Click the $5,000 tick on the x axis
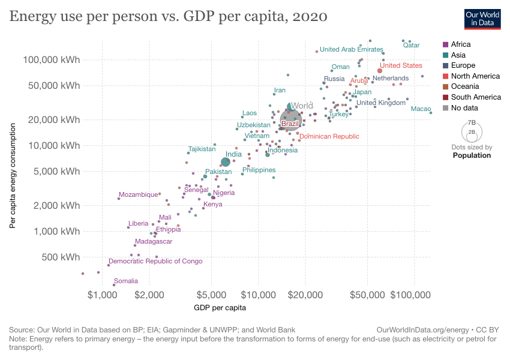[x=210, y=296]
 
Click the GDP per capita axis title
[x=220, y=308]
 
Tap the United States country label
[x=401, y=65]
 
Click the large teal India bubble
[x=226, y=161]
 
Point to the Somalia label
[x=126, y=281]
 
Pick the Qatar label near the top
[x=411, y=45]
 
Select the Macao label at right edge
[x=421, y=109]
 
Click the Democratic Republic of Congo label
[x=155, y=261]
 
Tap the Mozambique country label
[x=138, y=194]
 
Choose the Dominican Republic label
[x=329, y=137]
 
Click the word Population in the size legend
[x=472, y=155]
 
